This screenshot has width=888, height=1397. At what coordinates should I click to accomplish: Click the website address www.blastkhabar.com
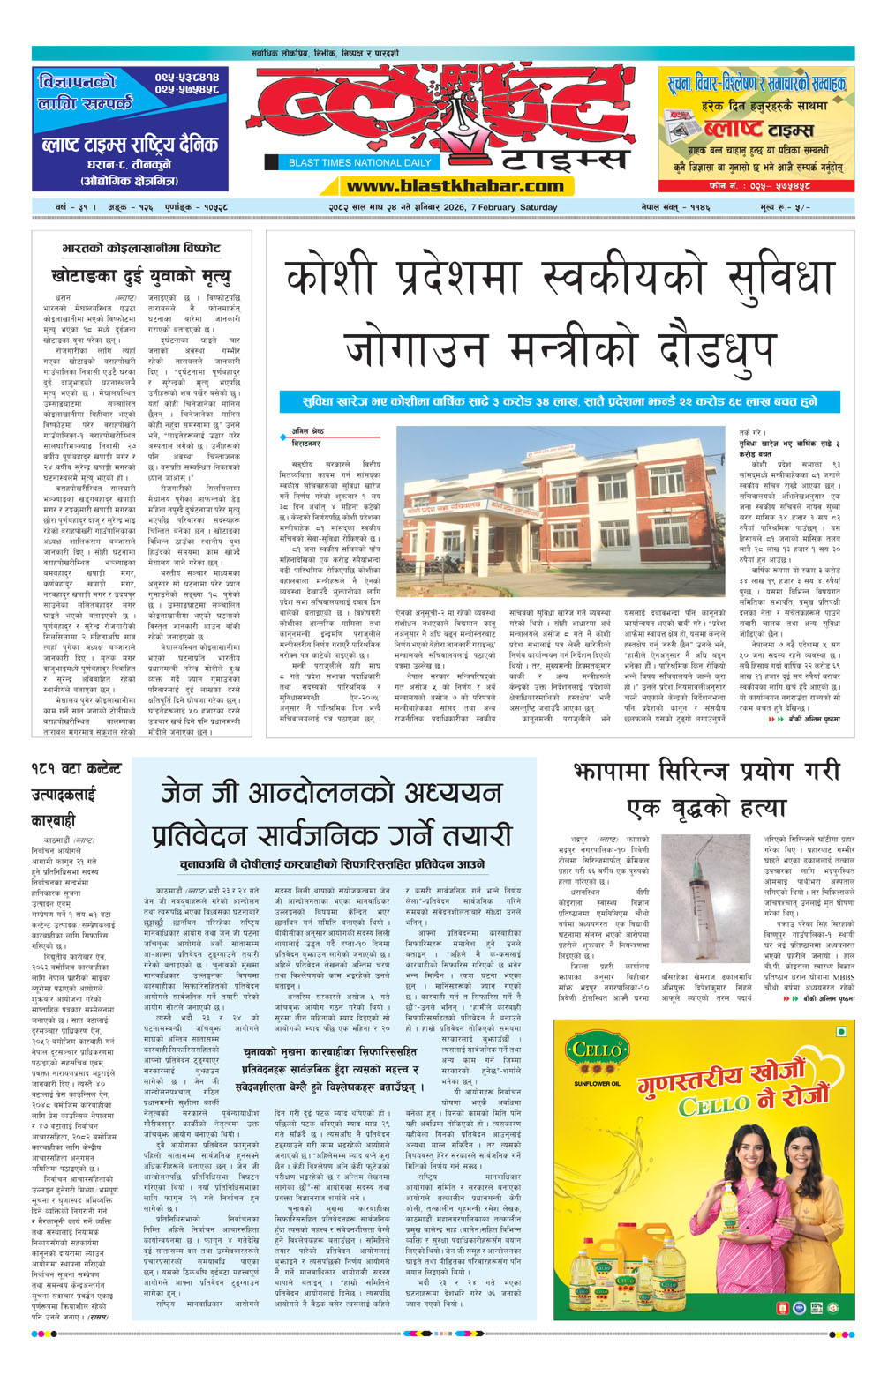[455, 186]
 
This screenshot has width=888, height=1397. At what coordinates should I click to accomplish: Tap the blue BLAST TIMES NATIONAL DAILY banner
[359, 162]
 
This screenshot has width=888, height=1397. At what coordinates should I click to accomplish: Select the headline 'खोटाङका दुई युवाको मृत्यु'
[140, 276]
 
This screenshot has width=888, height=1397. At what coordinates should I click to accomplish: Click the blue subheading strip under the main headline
[560, 401]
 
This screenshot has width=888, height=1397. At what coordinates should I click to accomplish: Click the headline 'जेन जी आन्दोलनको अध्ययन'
[331, 792]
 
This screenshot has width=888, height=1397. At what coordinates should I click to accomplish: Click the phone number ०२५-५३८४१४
[186, 78]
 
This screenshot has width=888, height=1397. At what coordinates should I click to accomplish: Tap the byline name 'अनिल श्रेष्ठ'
[308, 431]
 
